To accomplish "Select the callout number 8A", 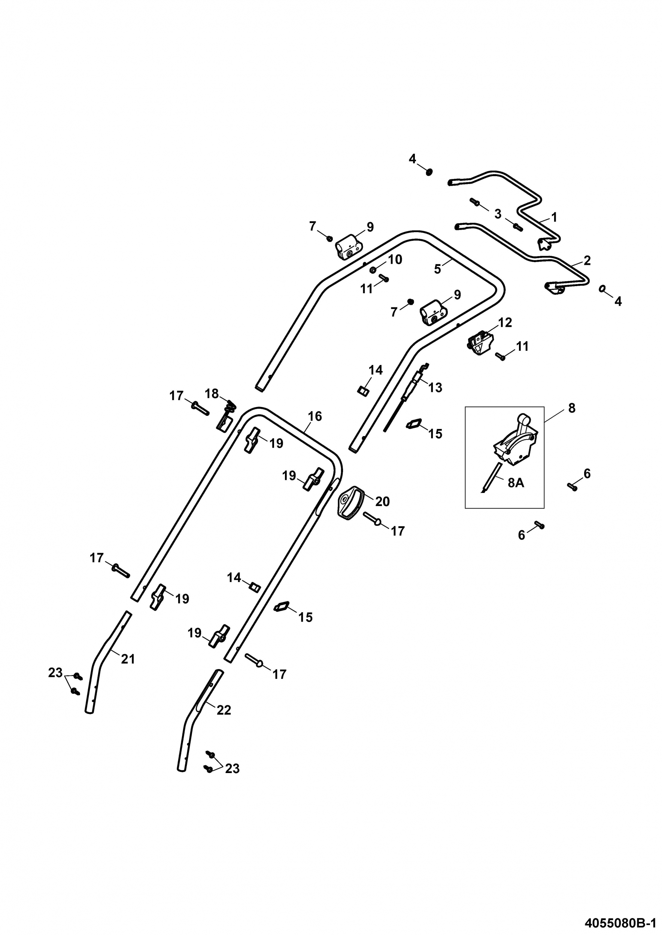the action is click(516, 483).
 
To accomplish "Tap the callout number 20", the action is click(382, 501).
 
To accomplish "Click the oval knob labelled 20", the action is click(350, 503).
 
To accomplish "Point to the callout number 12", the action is click(505, 322).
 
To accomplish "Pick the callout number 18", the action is click(212, 394).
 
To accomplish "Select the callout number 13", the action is click(435, 388).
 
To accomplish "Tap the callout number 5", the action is click(437, 269).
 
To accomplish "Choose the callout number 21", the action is click(128, 659).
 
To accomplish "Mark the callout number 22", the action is click(224, 710).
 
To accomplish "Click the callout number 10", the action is click(395, 260).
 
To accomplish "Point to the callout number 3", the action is click(498, 214).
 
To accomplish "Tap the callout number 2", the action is click(587, 260).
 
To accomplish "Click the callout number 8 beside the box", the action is click(572, 408).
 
